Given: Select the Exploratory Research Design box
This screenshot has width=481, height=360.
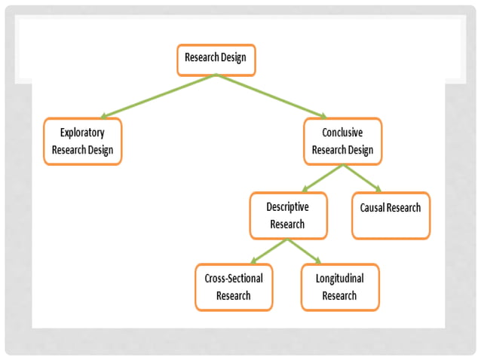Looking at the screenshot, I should pos(82,141).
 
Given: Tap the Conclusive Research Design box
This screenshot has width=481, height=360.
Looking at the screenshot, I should pos(342,141).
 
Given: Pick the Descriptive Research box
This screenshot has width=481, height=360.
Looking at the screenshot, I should pos(288,215).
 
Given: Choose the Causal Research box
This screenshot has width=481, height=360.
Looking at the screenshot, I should pos(391,215).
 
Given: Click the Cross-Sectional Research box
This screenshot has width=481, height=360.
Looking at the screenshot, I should pos(234,287).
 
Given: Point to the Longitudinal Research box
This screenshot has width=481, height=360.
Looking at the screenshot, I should pos(339,287).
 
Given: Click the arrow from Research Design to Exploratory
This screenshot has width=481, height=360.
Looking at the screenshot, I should pos(158,96).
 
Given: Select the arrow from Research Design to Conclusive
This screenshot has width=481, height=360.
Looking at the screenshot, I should pos(271,96).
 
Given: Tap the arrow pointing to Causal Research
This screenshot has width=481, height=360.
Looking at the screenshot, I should pos(362,178).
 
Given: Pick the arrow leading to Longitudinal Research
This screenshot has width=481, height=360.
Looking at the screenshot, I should pos(306,252).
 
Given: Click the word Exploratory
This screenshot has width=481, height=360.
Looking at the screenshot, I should pos(82,132).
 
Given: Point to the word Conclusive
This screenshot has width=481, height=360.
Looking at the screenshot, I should pos(342,132).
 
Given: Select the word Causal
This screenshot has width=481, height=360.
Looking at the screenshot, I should pos(371,207).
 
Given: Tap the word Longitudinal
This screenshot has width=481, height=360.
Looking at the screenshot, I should pos(339,278).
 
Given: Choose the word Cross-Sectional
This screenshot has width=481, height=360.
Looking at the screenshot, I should pos(234,278).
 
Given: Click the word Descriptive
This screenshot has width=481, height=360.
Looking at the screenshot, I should pos(288,206).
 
